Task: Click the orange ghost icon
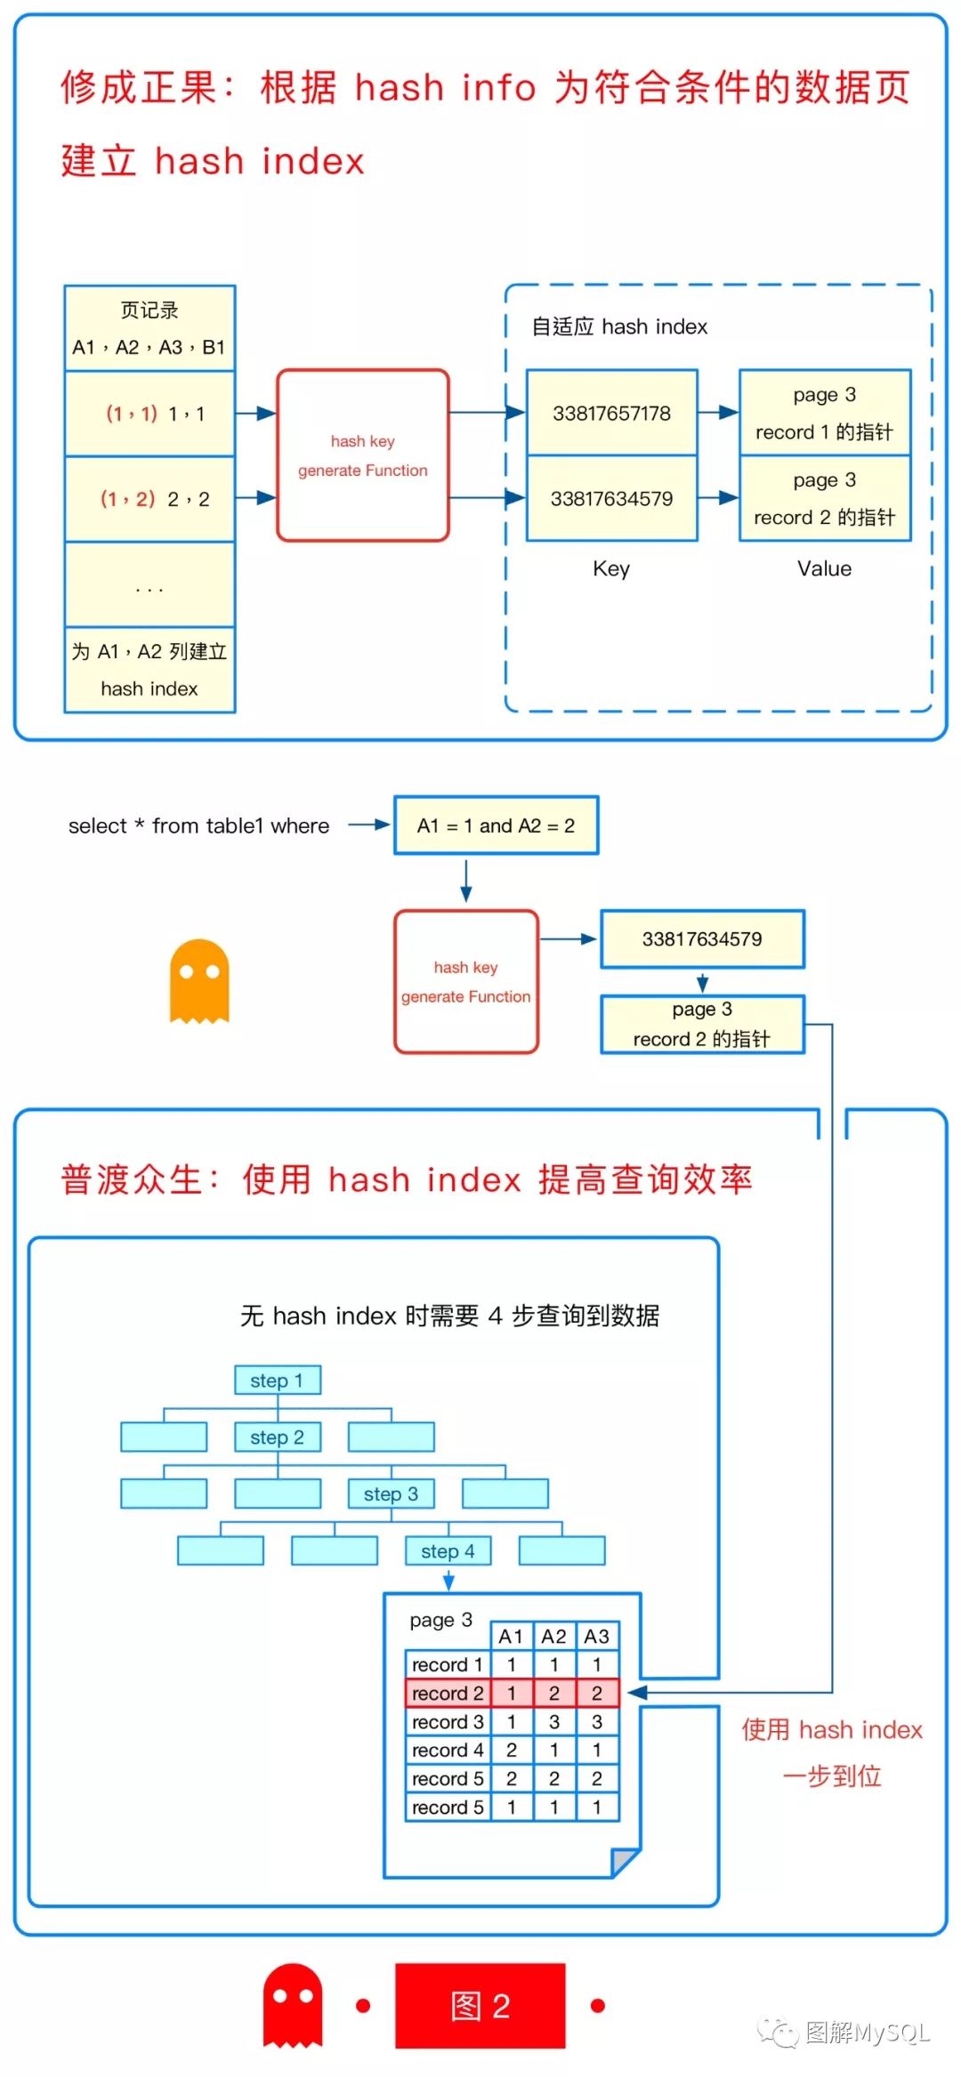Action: click(199, 981)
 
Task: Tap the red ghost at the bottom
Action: click(293, 2005)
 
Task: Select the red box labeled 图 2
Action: click(480, 2006)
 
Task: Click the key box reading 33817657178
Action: click(612, 413)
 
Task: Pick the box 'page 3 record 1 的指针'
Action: click(825, 413)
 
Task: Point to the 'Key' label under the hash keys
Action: click(611, 568)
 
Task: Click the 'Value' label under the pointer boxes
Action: click(824, 568)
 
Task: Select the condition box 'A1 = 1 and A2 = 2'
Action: click(497, 825)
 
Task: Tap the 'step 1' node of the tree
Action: click(278, 1381)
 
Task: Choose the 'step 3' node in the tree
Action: click(392, 1493)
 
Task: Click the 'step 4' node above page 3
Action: click(448, 1550)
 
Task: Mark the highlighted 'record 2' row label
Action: click(448, 1693)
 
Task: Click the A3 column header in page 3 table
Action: click(597, 1636)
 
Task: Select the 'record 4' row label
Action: click(448, 1750)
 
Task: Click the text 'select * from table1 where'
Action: click(198, 825)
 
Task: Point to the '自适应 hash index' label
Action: click(619, 326)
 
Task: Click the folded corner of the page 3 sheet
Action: click(626, 1862)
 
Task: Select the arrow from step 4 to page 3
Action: click(448, 1580)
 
